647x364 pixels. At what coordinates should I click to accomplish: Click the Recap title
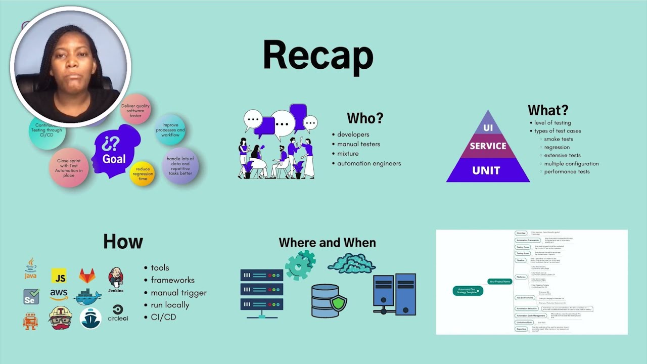(x=318, y=56)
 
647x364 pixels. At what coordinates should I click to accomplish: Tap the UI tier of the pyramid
(x=488, y=126)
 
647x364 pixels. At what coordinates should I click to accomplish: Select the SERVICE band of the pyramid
(x=488, y=146)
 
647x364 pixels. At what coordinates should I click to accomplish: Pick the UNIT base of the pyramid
(x=486, y=170)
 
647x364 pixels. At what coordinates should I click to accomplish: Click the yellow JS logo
(x=59, y=276)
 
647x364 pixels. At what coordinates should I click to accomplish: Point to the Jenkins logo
(x=116, y=279)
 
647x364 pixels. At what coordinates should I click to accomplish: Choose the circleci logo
(x=118, y=313)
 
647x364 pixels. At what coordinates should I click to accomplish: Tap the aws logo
(x=59, y=294)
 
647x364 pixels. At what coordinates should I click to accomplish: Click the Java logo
(x=31, y=268)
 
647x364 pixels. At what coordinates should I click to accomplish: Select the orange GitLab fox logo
(x=87, y=276)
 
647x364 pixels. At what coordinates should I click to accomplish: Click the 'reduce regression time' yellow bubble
(x=142, y=173)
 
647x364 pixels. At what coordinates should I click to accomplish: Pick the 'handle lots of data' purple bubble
(x=179, y=166)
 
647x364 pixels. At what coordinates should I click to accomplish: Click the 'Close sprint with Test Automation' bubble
(x=69, y=168)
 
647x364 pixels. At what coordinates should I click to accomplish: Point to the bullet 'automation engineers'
(x=369, y=163)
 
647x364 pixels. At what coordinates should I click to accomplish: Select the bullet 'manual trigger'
(x=178, y=293)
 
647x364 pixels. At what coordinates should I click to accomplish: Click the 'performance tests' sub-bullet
(x=567, y=171)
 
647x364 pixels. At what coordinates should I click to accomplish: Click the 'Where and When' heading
(x=327, y=243)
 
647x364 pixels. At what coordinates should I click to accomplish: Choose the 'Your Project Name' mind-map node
(x=499, y=281)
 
